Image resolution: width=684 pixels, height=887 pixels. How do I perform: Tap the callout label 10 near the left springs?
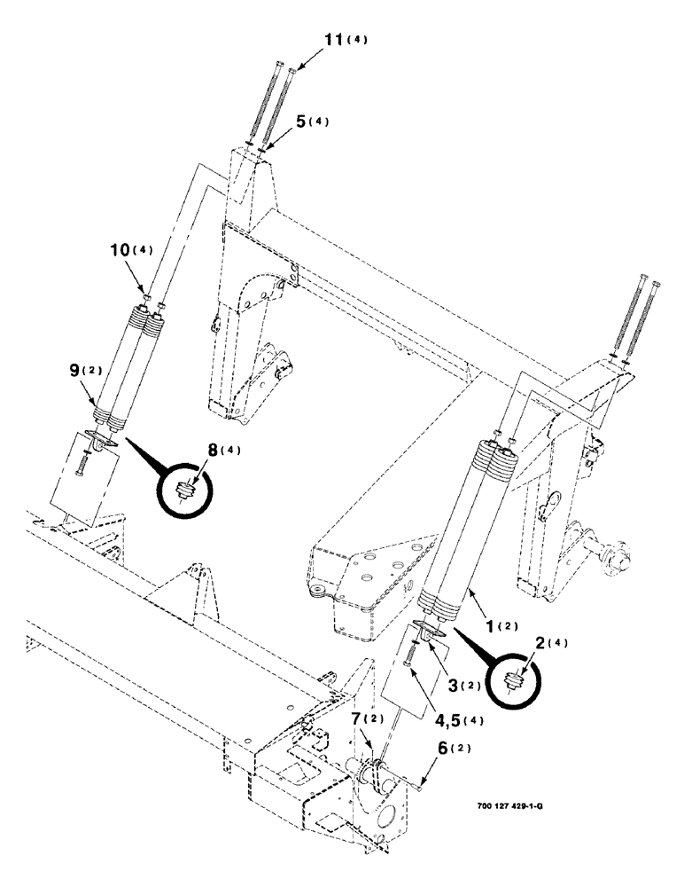120,251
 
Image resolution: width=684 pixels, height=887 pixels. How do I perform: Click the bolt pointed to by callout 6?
409,781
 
